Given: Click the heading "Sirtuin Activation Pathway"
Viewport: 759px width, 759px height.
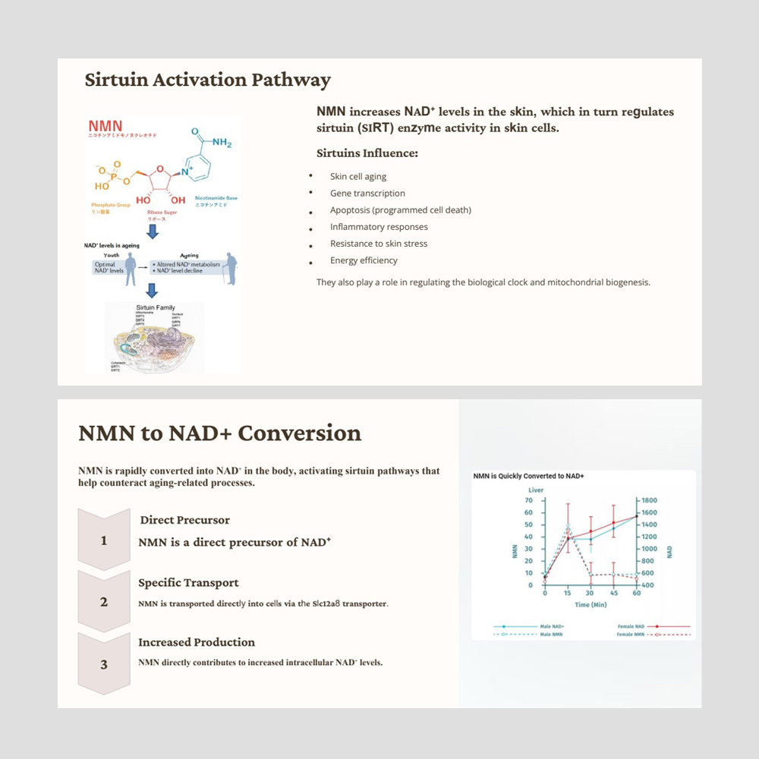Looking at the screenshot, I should click(207, 80).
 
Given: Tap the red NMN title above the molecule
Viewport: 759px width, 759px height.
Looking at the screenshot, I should click(105, 125).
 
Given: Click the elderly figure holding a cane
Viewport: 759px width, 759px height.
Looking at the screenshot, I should click(231, 268).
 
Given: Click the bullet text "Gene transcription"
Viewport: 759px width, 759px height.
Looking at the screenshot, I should click(367, 194).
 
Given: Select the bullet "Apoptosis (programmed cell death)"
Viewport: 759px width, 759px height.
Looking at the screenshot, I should click(400, 210).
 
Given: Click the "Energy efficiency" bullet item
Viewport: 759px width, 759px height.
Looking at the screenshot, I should click(364, 260).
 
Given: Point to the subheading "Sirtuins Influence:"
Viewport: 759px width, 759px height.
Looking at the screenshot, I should click(367, 153).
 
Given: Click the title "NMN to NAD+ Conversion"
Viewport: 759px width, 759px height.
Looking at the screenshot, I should click(219, 433).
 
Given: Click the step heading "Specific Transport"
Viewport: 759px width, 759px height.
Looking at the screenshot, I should click(188, 583).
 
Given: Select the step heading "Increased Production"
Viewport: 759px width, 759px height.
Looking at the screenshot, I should click(197, 642).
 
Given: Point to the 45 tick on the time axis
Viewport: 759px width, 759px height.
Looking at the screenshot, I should click(613, 594).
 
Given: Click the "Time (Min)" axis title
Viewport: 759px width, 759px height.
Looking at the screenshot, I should click(591, 605).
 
